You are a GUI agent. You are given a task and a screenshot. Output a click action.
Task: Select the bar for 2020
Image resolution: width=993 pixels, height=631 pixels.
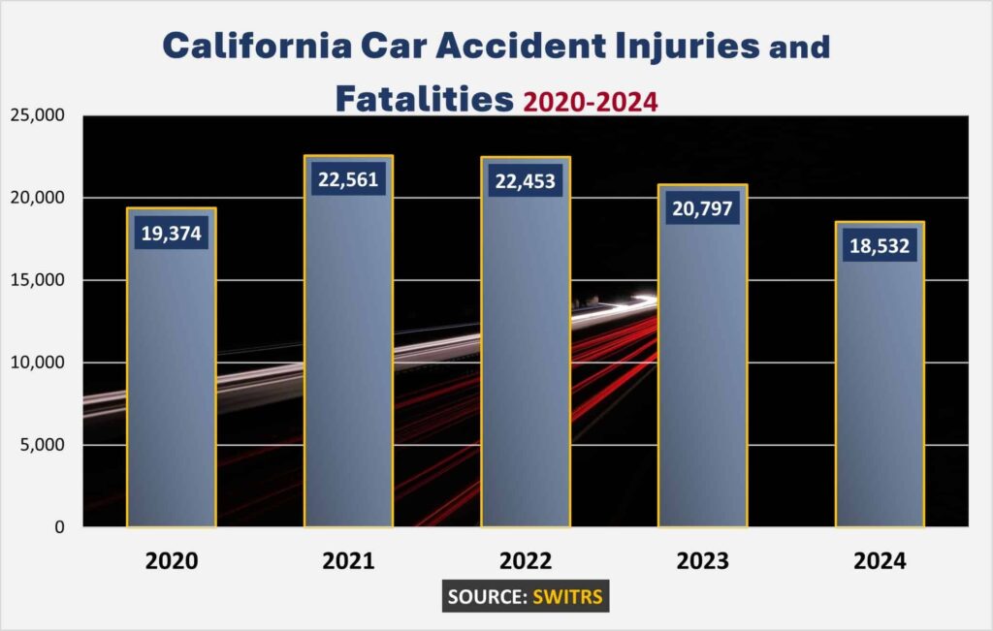171,388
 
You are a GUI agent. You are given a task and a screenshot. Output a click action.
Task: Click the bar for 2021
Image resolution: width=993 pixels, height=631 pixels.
348,368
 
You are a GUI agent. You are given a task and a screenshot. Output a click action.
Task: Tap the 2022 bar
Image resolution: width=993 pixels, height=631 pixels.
526,368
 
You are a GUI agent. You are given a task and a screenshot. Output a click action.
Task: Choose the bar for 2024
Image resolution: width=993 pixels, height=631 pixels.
880,397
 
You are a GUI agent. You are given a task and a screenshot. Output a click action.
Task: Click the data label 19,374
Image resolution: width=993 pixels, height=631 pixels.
171,233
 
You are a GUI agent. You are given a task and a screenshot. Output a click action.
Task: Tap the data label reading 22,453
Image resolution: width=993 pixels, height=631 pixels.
526,181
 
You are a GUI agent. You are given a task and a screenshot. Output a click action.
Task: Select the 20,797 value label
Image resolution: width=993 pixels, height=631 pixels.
703,208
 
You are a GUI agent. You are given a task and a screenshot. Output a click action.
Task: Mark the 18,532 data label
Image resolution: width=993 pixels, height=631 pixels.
880,246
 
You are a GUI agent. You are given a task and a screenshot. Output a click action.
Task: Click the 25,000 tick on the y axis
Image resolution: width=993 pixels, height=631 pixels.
36,116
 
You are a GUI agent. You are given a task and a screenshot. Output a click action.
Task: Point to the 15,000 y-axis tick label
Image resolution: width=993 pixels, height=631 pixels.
36,280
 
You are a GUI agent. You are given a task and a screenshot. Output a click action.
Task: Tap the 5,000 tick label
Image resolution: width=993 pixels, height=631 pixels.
41,445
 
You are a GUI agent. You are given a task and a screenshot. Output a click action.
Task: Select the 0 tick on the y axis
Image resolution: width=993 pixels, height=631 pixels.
59,527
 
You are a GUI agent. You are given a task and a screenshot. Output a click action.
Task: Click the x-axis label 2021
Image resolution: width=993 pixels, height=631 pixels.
348,561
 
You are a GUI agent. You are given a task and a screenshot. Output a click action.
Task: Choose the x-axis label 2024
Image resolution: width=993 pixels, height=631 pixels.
880,561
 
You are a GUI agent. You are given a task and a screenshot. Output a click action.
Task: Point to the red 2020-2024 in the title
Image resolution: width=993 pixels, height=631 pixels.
590,101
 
